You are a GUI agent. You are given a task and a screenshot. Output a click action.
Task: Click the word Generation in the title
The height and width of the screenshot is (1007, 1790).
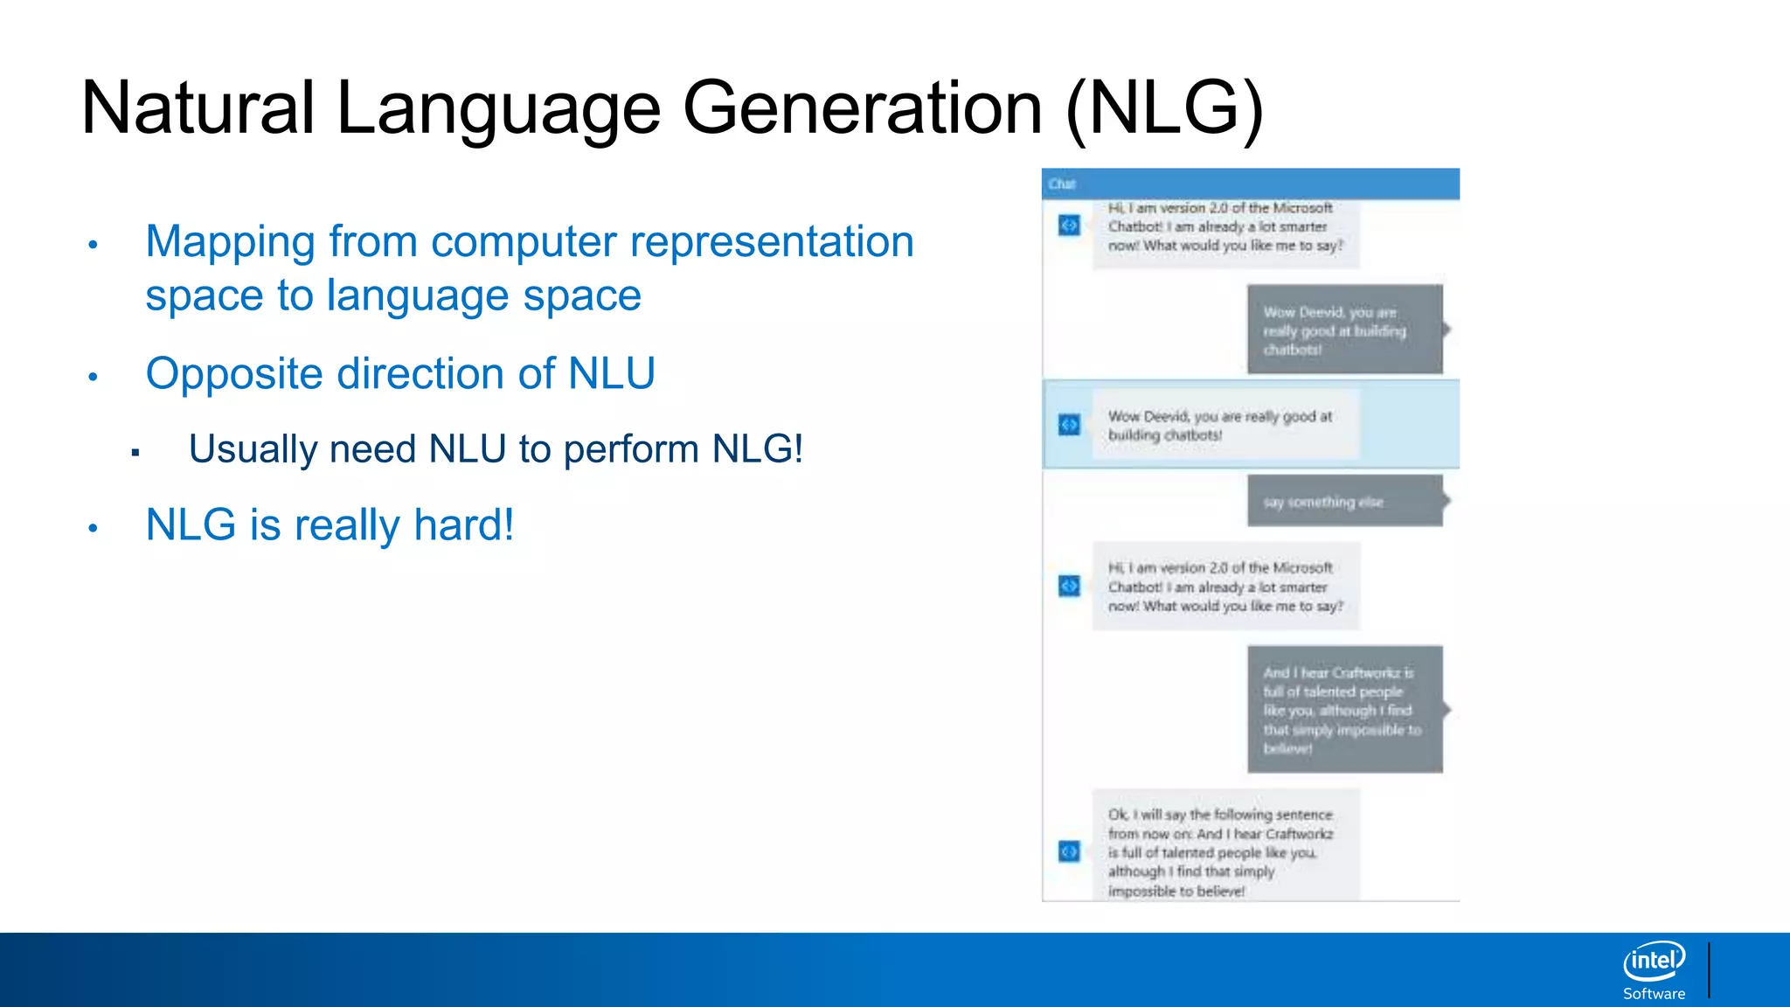[x=862, y=108]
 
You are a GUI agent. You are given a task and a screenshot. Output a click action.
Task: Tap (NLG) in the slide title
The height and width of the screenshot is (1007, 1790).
[x=1164, y=108]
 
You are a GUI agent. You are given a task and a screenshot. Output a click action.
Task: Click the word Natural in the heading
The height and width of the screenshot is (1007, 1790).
[x=198, y=108]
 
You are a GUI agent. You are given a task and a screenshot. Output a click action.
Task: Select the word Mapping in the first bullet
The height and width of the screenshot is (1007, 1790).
[x=230, y=242]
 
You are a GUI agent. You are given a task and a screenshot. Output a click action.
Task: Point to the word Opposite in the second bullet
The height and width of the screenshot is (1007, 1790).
[x=234, y=374]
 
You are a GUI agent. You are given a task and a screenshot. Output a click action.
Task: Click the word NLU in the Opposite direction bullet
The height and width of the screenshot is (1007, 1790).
[x=612, y=374]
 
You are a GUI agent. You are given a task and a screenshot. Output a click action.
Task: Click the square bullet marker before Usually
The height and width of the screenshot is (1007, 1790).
[x=135, y=452]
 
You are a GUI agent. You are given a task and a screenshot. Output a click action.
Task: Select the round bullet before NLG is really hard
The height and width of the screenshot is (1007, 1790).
[x=93, y=528]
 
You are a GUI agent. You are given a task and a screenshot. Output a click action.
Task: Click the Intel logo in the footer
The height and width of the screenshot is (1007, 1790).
[x=1654, y=962]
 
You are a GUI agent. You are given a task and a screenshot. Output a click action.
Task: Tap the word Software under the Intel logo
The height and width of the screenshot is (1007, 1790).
[x=1654, y=994]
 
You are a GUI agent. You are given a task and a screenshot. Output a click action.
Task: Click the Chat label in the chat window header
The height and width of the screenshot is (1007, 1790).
[x=1062, y=184]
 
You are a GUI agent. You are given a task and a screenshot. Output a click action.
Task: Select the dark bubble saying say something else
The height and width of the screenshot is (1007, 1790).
[x=1344, y=502]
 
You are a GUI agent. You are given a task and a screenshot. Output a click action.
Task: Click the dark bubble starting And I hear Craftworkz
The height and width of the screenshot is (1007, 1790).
[x=1344, y=710]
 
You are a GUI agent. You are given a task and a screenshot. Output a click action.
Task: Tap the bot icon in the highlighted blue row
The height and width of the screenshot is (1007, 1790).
[x=1069, y=425]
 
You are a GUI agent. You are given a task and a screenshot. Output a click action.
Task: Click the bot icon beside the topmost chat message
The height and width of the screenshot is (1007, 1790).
[x=1069, y=226]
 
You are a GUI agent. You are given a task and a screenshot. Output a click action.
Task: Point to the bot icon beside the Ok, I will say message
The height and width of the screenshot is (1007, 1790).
[x=1069, y=851]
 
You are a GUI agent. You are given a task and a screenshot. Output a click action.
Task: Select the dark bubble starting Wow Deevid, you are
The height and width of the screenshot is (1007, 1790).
[x=1344, y=330]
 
